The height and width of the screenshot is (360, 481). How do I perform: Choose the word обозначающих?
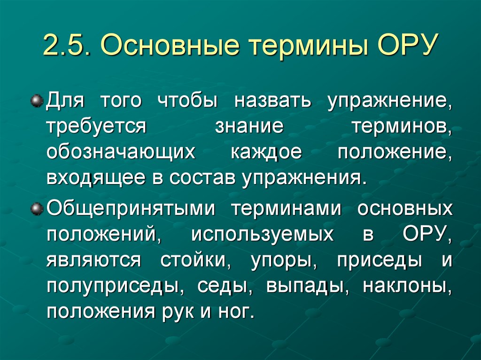[120, 154]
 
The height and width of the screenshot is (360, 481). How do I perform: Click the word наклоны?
[405, 286]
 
